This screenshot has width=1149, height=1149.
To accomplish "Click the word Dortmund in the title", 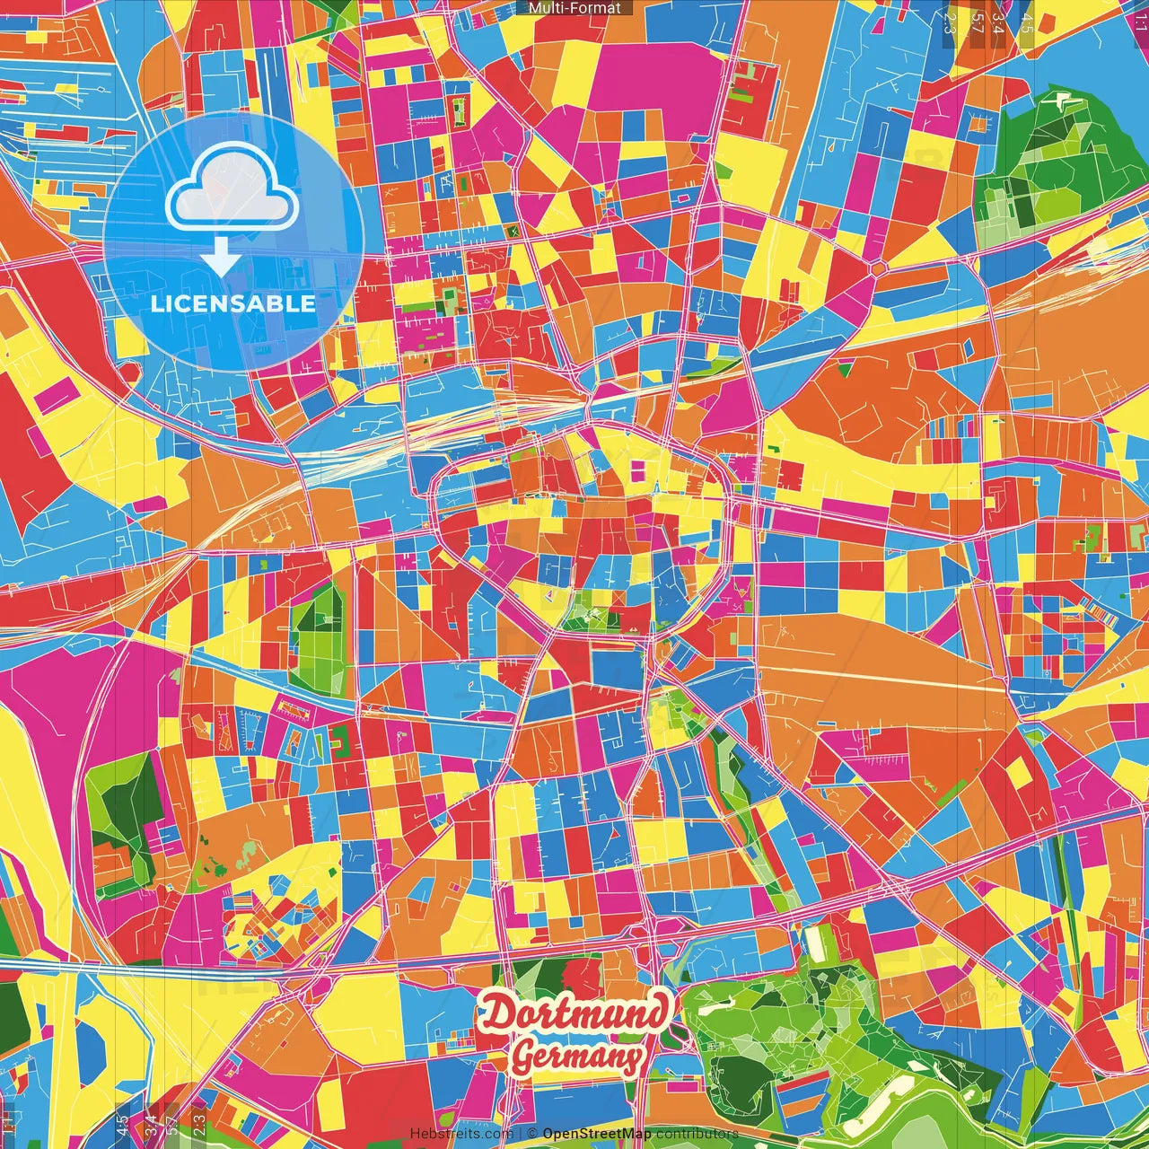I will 575,1013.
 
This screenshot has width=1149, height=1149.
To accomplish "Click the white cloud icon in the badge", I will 232,189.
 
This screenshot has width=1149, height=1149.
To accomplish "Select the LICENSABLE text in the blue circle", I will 232,303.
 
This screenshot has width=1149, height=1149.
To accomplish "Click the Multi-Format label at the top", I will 574,8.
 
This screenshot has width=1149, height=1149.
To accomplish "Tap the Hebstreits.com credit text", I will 461,1134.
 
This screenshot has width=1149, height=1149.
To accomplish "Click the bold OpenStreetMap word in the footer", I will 597,1134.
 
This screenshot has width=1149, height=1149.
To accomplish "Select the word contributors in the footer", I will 697,1134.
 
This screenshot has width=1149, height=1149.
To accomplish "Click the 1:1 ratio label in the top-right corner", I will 1140,20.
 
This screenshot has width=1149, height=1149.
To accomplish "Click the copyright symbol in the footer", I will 531,1134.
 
